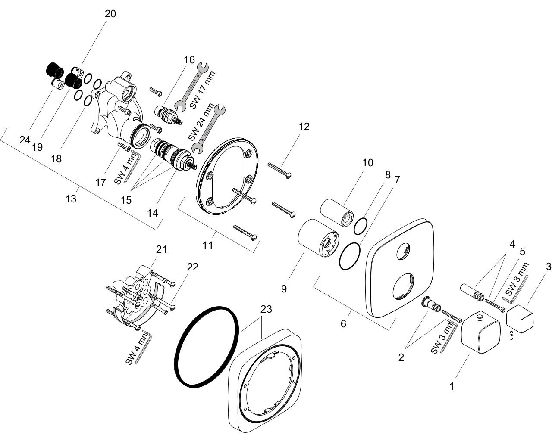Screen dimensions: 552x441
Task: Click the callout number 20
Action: click(x=110, y=14)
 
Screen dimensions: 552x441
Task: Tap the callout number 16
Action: click(x=189, y=60)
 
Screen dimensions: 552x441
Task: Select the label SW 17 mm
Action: click(x=202, y=90)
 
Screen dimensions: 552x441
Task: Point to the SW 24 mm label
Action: click(x=201, y=122)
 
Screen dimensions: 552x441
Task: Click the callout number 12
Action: click(x=304, y=127)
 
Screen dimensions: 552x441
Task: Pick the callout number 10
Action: click(x=367, y=163)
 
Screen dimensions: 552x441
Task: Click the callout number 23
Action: click(x=266, y=309)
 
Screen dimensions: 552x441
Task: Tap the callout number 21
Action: click(x=161, y=249)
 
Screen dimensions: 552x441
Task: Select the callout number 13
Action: click(x=71, y=199)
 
